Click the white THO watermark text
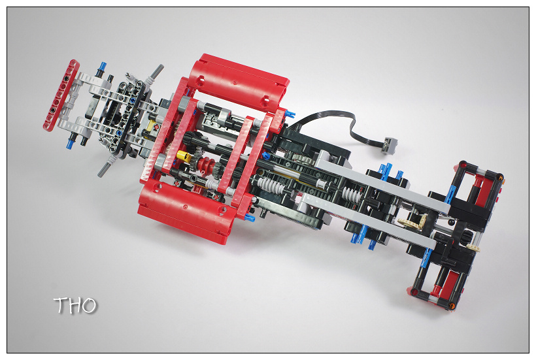click(75, 305)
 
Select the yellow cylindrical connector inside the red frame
click(184, 156)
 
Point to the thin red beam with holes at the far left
click(61, 95)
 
